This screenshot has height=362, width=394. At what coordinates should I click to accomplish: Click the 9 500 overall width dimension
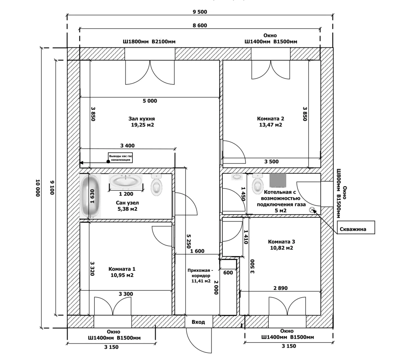[x=200, y=12]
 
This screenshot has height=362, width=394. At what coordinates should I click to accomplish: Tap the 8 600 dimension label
[x=200, y=25]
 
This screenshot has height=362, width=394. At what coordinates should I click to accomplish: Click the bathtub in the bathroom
[x=90, y=197]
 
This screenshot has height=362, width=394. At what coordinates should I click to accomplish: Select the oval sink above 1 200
[x=126, y=182]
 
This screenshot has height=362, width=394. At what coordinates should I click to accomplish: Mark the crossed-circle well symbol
[x=312, y=210]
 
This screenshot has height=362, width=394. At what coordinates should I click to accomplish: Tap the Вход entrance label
[x=198, y=322]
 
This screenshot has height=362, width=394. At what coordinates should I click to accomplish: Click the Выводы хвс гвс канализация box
[x=120, y=158]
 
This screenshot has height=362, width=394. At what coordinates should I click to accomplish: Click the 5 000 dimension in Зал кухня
[x=150, y=101]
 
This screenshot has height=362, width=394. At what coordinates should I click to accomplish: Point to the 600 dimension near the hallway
[x=228, y=273]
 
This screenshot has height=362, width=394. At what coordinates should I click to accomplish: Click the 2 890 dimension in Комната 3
[x=280, y=288]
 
